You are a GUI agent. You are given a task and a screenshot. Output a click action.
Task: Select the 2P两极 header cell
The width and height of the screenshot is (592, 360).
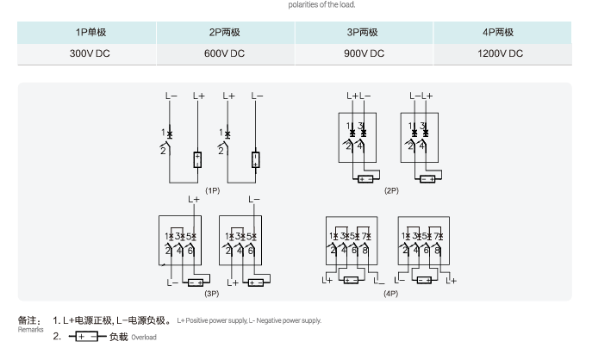[x=227, y=32]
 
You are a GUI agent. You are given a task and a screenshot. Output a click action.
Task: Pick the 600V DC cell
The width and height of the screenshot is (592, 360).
[x=225, y=53]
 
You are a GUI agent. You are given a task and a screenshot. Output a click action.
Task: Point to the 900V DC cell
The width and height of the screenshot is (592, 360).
[x=363, y=53]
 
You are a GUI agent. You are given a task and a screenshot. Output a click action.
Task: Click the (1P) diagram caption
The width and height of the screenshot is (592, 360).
[x=213, y=189]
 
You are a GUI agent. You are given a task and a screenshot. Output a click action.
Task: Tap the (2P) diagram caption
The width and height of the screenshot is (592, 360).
[x=392, y=189]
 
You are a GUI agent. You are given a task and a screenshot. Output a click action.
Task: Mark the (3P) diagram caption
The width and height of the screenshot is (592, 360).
[x=211, y=294]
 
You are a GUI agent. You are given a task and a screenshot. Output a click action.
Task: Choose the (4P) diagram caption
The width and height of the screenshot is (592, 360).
[x=390, y=294]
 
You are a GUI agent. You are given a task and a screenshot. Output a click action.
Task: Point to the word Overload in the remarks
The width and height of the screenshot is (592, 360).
[x=144, y=338]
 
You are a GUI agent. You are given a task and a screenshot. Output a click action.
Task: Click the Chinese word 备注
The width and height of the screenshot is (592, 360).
[x=29, y=320]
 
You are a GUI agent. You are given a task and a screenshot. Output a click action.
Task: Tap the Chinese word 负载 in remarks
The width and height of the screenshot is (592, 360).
[x=118, y=337]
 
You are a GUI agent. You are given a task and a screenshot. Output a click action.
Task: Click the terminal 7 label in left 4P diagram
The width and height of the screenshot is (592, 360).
[x=367, y=236]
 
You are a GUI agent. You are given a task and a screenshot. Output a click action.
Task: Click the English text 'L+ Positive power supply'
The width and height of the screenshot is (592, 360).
[x=210, y=321]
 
